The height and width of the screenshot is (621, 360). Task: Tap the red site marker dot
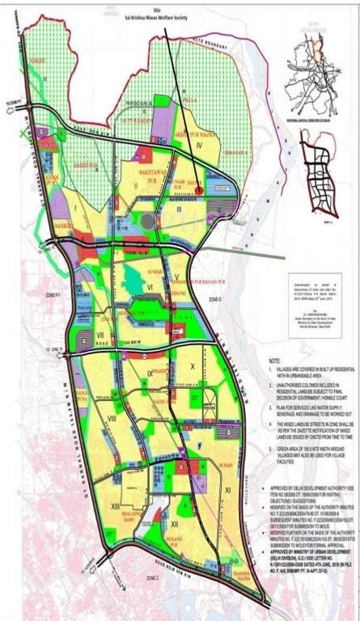click(x=200, y=191)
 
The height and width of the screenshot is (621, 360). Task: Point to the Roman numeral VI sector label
click(x=150, y=285)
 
